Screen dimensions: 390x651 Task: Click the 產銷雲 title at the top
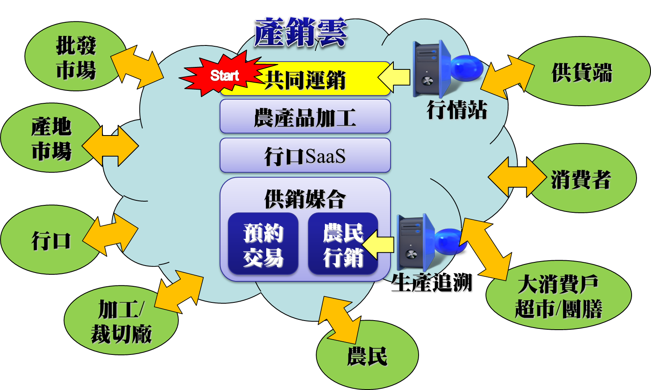point(300,32)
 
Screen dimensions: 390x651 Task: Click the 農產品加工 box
point(305,117)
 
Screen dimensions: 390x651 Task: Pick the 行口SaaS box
point(305,156)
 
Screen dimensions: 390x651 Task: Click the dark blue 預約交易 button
point(263,244)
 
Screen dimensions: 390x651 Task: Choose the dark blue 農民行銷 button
point(342,244)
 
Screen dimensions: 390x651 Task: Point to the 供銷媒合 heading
point(305,199)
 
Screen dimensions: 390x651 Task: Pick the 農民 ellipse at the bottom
point(367,356)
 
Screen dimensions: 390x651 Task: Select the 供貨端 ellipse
point(582,72)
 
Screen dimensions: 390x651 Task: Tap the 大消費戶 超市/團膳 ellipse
point(558,296)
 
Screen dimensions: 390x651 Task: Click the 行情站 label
point(457,110)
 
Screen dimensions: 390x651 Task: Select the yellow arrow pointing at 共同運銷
point(394,77)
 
